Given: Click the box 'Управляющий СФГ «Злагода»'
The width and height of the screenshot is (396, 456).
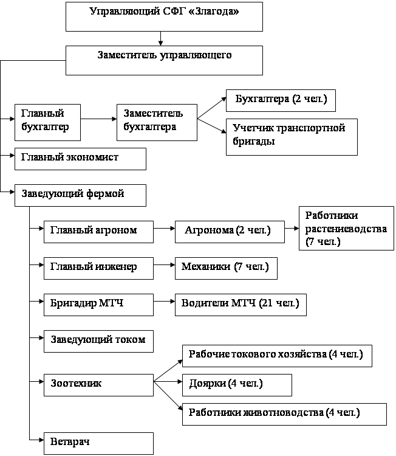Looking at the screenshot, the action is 164,16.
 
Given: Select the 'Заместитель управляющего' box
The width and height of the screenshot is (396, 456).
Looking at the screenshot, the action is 164,60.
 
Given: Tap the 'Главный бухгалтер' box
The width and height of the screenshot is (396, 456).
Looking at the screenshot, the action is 47,122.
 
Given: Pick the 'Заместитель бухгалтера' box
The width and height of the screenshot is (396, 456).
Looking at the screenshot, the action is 157,122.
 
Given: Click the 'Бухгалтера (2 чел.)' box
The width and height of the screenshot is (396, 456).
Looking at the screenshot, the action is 281,100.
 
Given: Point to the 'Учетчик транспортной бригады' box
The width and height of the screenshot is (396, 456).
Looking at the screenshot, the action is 292,137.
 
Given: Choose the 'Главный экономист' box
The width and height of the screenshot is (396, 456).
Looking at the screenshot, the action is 81,159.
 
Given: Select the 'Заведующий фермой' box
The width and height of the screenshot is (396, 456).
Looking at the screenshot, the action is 81,195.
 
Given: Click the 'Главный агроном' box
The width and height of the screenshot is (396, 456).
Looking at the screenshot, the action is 99,232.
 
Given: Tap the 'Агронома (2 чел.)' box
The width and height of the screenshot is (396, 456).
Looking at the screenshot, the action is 230,232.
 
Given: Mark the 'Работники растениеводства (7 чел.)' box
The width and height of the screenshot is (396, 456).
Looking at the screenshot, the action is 347,228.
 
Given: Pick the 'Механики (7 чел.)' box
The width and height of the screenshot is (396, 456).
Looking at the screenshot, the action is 226,268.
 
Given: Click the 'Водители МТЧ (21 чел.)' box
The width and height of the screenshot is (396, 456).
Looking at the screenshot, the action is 241,305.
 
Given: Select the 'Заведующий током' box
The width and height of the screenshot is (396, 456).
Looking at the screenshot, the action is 99,342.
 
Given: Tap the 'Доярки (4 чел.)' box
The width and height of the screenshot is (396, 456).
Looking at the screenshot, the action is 237,385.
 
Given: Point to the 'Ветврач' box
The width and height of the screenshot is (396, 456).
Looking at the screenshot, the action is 99,443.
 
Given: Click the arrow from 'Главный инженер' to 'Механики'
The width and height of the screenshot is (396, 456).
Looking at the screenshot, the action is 164,265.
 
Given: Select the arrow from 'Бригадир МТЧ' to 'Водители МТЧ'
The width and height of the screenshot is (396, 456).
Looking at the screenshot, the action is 164,302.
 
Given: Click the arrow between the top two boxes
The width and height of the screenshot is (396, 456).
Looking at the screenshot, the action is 160,38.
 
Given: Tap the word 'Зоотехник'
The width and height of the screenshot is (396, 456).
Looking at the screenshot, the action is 76,383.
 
